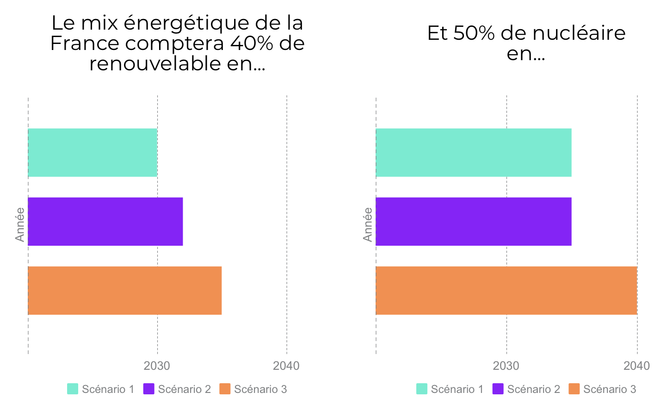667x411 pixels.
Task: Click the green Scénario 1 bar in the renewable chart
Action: (x=93, y=153)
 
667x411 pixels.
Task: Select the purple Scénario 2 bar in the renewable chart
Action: (x=105, y=221)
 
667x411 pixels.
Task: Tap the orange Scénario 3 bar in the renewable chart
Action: (x=125, y=291)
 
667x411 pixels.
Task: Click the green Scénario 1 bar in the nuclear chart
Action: (x=474, y=153)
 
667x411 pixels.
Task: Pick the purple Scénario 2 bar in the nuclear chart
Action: (x=474, y=221)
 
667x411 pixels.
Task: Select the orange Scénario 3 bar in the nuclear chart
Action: (x=506, y=291)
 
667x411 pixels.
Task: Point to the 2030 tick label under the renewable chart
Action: (x=157, y=366)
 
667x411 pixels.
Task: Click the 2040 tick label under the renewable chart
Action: (x=286, y=366)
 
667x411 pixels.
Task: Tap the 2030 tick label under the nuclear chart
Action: (x=506, y=366)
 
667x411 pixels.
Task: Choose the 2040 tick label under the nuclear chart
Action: (x=637, y=366)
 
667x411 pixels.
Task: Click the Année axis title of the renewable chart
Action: (x=20, y=224)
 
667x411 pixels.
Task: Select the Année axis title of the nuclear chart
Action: (x=368, y=224)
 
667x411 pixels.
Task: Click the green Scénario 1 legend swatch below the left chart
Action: (x=73, y=389)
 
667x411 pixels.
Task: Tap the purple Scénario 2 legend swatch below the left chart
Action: (x=149, y=389)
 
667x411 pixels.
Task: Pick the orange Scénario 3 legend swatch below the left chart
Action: (x=225, y=389)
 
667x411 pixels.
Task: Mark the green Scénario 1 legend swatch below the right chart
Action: (x=422, y=389)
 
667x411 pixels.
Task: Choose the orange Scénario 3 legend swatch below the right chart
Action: (x=574, y=389)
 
